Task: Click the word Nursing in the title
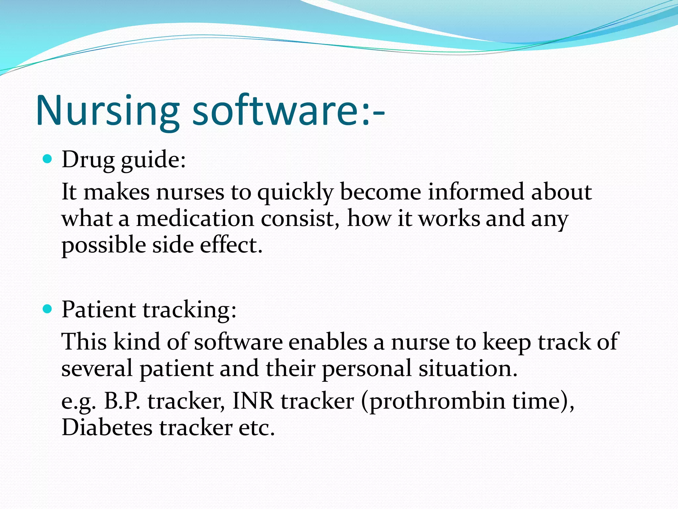pyautogui.click(x=108, y=111)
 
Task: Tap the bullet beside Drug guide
pyautogui.click(x=48, y=159)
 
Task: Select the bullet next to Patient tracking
pyautogui.click(x=48, y=309)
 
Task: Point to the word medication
pyautogui.click(x=195, y=219)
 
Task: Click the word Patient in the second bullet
pyautogui.click(x=99, y=310)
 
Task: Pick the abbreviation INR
pyautogui.click(x=253, y=401)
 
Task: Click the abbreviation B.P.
pyautogui.click(x=122, y=401)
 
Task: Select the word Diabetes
pyautogui.click(x=107, y=428)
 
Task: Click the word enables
pyautogui.click(x=328, y=342)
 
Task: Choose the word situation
pyautogui.click(x=468, y=369)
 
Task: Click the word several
pyautogui.click(x=97, y=369)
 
